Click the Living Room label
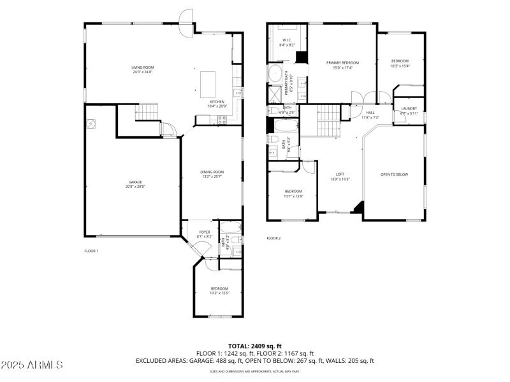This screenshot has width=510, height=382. (142, 67)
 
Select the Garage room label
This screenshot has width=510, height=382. (135, 182)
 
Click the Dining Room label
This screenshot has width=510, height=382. (212, 171)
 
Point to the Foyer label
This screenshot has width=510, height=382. (204, 232)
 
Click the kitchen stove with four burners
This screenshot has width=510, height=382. (223, 118)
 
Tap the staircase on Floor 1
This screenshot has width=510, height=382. (147, 111)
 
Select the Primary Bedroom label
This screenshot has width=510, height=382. (342, 62)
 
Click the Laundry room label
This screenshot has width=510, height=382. (409, 109)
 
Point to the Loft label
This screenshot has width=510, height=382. (340, 174)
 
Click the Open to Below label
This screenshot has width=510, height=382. (394, 174)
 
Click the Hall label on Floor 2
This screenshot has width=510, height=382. (370, 113)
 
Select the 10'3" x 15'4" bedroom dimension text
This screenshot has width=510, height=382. (400, 66)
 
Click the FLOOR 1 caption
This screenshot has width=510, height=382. (91, 251)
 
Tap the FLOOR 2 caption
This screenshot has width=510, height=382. (273, 238)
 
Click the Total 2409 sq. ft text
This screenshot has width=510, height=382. (255, 346)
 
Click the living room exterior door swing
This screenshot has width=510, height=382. (186, 16)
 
